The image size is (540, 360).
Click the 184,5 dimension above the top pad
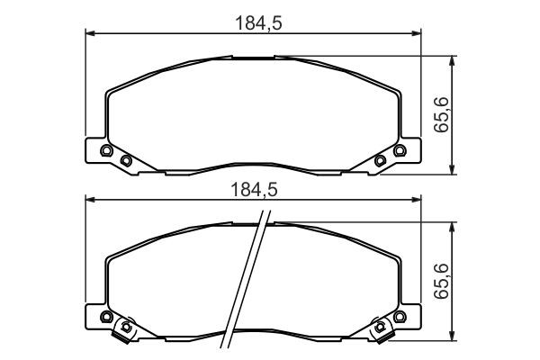(x=258, y=23)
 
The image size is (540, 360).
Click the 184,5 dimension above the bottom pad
(x=254, y=190)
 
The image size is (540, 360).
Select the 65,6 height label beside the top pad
(x=441, y=114)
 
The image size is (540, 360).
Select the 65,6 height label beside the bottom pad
(x=441, y=281)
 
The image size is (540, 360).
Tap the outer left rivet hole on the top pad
(x=106, y=150)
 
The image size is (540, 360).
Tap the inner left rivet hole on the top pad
(x=126, y=160)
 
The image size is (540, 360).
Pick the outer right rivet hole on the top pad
(x=400, y=150)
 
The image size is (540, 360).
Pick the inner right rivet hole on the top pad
(x=380, y=160)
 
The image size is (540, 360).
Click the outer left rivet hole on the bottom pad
(x=106, y=317)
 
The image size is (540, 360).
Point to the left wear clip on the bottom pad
(x=124, y=329)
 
